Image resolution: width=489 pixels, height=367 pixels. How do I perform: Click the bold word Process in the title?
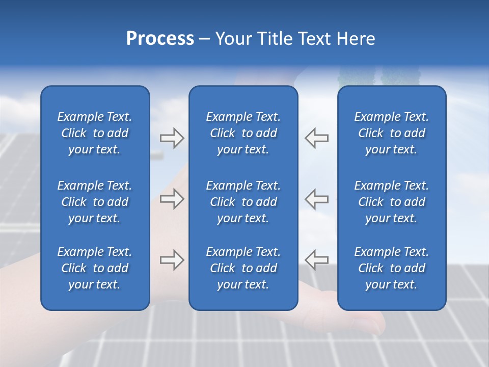click(160, 39)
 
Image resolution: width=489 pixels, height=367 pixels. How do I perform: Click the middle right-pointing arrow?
click(172, 199)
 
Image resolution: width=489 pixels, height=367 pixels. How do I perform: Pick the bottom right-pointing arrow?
click(172, 259)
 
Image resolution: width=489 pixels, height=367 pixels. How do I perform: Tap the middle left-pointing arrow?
click(317, 199)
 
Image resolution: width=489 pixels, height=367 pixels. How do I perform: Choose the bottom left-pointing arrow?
click(317, 259)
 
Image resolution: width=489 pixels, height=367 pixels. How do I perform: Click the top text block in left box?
click(95, 133)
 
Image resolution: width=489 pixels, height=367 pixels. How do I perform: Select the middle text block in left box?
click(95, 202)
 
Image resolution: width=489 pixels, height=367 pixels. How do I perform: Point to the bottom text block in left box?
click(95, 268)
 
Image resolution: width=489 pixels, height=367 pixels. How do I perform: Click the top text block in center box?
click(243, 133)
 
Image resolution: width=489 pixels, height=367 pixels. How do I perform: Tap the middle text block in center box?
click(243, 202)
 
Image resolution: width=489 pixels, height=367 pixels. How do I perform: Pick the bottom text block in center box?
click(243, 268)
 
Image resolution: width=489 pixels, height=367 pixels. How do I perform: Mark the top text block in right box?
click(392, 133)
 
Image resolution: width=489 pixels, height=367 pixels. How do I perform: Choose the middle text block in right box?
click(392, 202)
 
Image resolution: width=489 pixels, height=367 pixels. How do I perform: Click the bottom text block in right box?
click(392, 268)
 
